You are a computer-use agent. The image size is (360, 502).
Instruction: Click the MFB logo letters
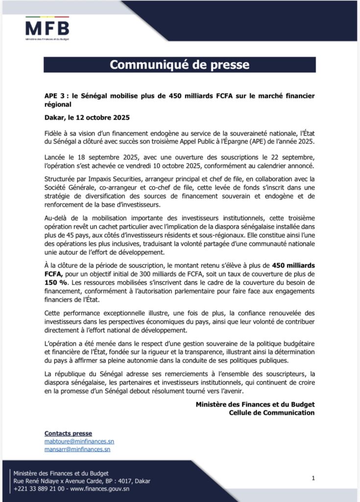click(x=47, y=26)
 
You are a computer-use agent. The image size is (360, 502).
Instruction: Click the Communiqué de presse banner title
click(x=179, y=65)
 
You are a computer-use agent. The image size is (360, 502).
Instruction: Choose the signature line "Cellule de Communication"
click(x=271, y=412)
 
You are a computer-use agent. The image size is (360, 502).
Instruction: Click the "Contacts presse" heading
click(x=68, y=433)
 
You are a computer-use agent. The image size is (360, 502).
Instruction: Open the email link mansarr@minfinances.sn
click(x=77, y=449)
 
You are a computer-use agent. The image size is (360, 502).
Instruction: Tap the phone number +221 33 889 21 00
click(x=35, y=488)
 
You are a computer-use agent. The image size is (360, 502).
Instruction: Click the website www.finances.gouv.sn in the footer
click(x=100, y=488)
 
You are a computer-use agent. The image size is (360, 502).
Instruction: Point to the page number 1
click(x=313, y=477)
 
